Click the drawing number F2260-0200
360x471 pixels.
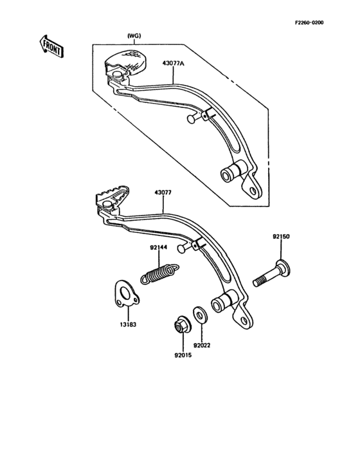tap(309, 23)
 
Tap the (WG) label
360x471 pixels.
tap(134, 35)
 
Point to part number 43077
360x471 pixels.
tap(164, 191)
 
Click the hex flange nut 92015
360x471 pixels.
tap(181, 326)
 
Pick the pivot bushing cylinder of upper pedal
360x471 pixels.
tap(233, 172)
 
